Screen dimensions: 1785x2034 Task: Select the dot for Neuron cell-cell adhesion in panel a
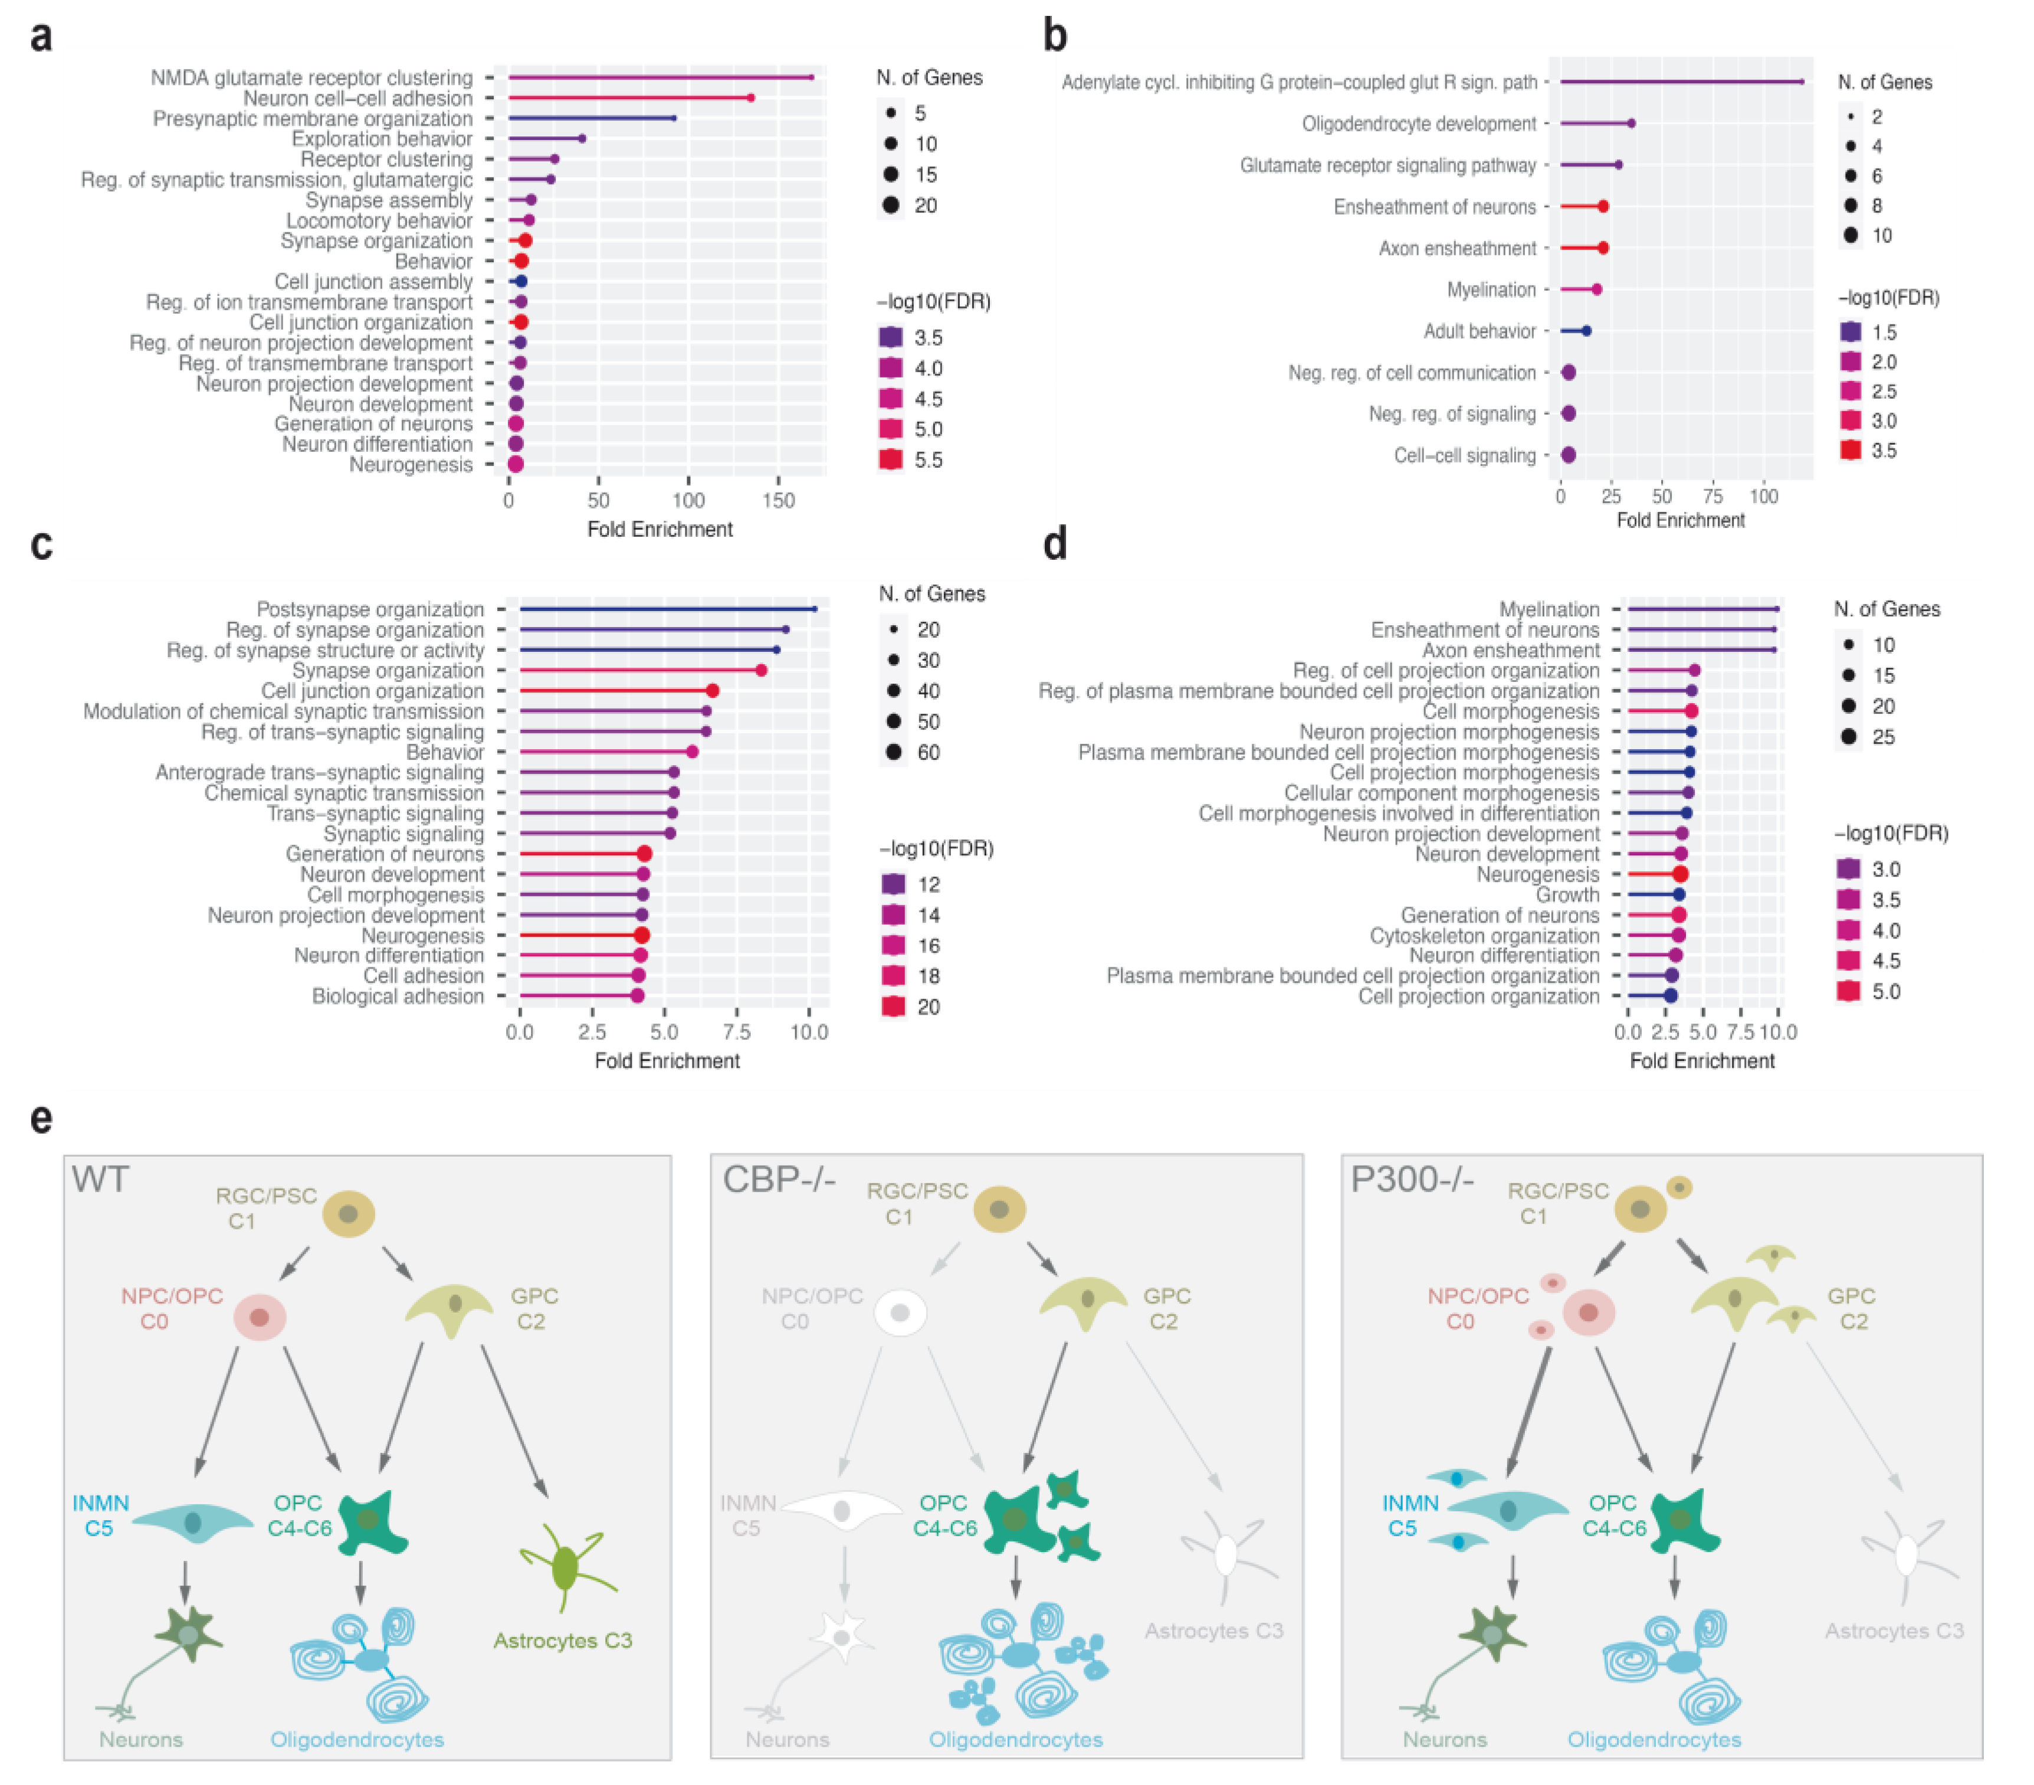coord(750,97)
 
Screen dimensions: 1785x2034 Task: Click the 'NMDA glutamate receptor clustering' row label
coord(311,78)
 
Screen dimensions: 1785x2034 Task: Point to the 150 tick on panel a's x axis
coord(778,500)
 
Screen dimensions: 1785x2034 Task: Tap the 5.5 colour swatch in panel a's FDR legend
coord(891,460)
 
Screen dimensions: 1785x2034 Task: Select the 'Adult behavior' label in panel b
coord(1479,332)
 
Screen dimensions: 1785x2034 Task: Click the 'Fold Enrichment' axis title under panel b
coord(1681,520)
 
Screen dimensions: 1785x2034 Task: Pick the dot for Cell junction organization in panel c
coord(713,691)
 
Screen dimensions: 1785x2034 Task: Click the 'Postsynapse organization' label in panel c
coord(370,609)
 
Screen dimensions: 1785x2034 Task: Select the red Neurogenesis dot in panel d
coord(1679,875)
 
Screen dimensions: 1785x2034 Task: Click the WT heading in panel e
coord(100,1180)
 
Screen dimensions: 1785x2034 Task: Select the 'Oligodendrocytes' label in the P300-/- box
coord(1654,1739)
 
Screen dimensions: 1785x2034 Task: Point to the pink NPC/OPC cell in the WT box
coord(260,1317)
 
